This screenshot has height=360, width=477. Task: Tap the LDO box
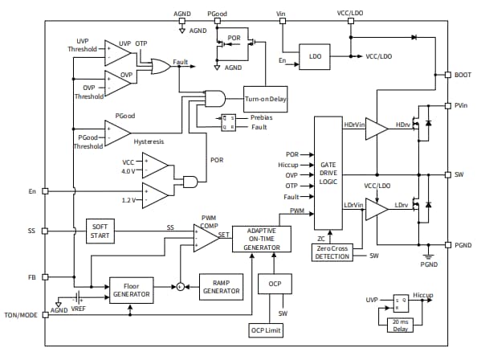[x=314, y=56]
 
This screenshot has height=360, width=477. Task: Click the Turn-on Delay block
[x=266, y=99]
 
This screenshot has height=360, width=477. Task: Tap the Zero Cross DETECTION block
[x=332, y=252]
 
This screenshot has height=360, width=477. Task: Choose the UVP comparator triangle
[x=117, y=53]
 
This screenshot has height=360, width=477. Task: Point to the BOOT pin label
[x=463, y=76]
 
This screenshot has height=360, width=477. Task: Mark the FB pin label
[x=31, y=277]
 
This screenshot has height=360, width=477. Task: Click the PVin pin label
[x=462, y=105]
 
